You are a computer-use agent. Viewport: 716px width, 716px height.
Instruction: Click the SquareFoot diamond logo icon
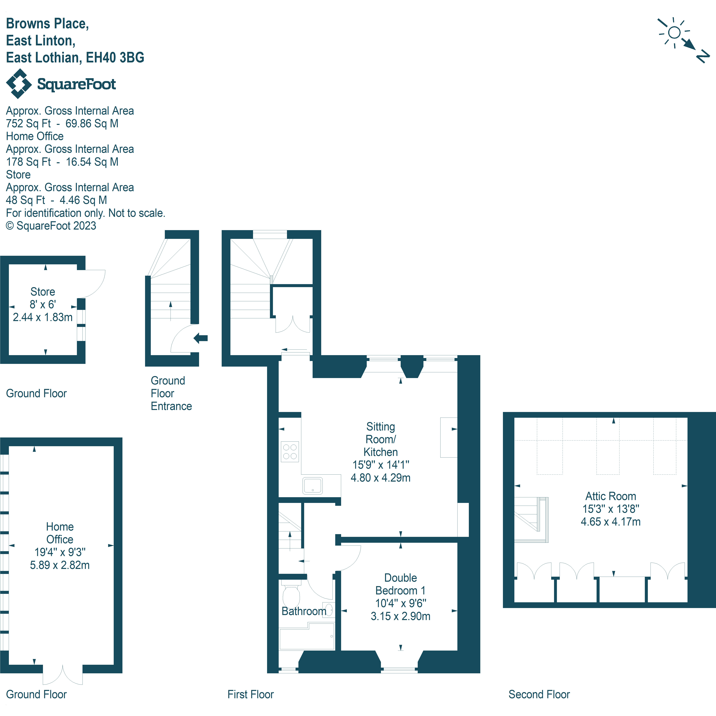[18, 84]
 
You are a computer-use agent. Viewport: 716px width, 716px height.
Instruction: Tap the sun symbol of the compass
[674, 33]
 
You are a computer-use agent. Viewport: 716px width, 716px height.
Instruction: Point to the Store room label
[43, 292]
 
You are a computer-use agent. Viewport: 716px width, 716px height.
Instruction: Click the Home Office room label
[60, 533]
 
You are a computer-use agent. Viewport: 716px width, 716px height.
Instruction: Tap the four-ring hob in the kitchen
[290, 452]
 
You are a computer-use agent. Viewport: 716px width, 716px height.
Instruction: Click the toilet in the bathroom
[291, 595]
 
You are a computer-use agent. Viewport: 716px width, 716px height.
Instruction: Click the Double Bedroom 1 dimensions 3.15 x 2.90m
[400, 616]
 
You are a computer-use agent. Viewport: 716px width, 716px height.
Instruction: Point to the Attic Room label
[610, 496]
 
